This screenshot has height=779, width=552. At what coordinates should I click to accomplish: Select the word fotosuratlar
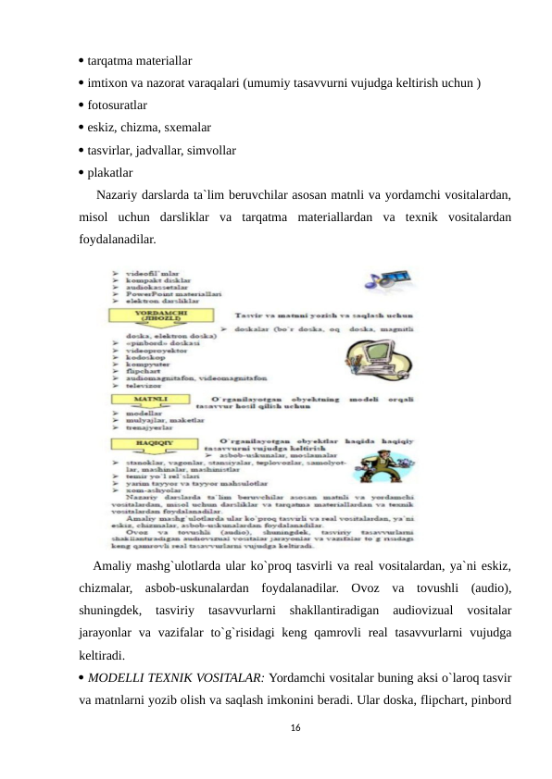(118, 105)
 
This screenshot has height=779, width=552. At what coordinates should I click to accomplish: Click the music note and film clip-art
(376, 281)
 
